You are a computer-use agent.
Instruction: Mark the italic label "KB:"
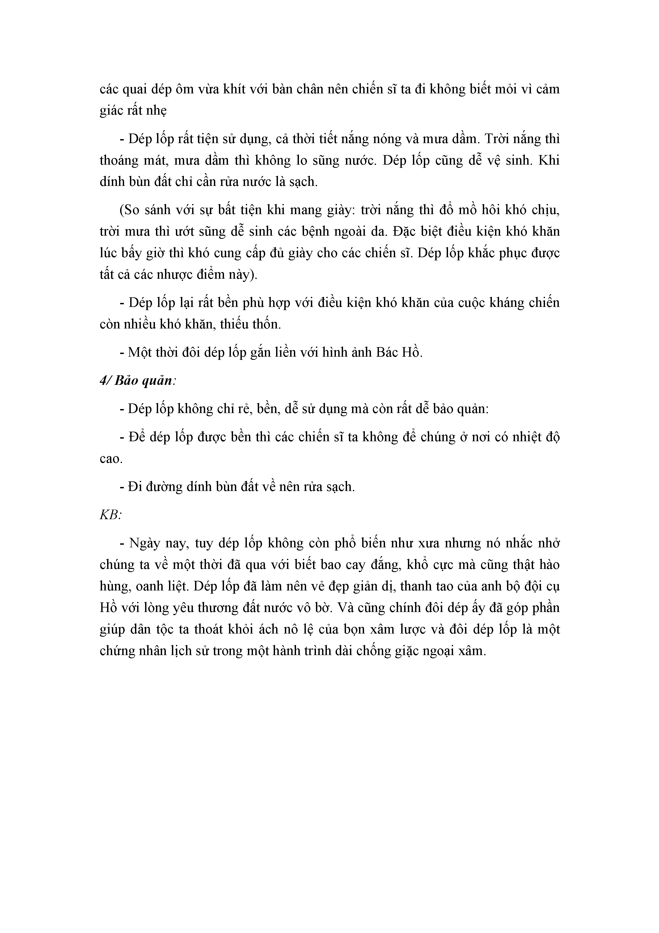(x=111, y=515)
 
